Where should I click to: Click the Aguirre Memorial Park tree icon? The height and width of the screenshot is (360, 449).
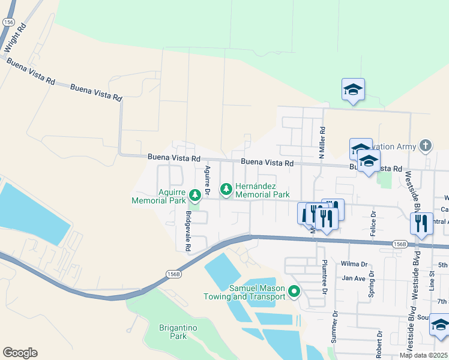(194, 195)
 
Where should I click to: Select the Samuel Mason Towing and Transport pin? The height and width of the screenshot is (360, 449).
(294, 292)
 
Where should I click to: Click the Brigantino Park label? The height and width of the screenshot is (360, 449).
(173, 332)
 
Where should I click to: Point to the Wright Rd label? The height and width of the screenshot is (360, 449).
(16, 37)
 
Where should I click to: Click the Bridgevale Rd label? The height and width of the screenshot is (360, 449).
(188, 231)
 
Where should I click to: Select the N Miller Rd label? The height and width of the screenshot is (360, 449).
(322, 142)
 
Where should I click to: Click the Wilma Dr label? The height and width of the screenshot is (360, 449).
(354, 264)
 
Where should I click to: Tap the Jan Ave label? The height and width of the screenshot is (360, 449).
(354, 278)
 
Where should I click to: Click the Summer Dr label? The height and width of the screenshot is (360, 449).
(334, 331)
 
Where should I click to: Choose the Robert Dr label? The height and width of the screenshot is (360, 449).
(379, 344)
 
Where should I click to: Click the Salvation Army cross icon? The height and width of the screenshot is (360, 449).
(425, 146)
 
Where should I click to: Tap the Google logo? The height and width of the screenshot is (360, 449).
(20, 353)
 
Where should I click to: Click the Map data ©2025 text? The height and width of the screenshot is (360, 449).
(423, 355)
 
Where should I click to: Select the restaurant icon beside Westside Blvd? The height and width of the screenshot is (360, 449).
(422, 223)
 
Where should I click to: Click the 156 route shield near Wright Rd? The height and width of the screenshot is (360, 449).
(8, 22)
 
